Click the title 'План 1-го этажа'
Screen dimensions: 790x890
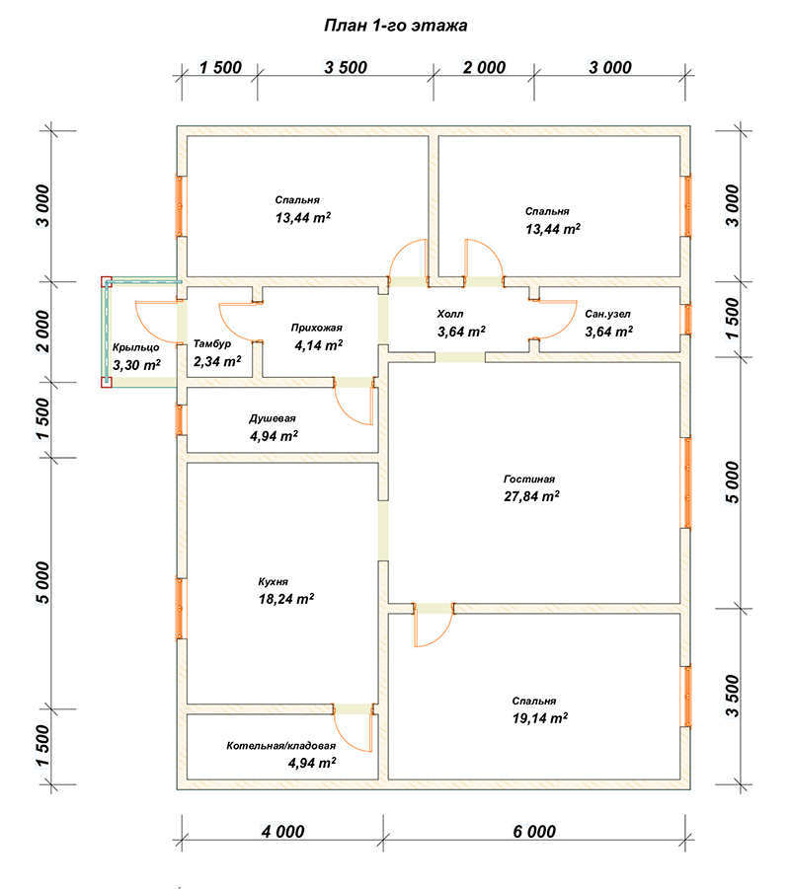(395, 26)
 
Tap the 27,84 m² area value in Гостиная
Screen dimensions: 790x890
(531, 496)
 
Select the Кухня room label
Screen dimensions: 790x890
(274, 582)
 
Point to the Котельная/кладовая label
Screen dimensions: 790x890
(281, 746)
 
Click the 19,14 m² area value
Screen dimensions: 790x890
(540, 718)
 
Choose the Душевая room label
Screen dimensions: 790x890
(273, 418)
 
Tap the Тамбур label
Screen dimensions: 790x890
(212, 344)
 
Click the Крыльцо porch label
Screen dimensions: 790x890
(135, 347)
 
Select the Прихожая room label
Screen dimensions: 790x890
(317, 328)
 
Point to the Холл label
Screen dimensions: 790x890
(450, 314)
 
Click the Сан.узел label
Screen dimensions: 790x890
(607, 314)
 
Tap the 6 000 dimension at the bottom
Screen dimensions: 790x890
(534, 832)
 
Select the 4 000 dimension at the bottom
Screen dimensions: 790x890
(282, 832)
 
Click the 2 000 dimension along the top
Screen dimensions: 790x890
(484, 67)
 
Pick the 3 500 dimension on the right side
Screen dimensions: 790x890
(733, 696)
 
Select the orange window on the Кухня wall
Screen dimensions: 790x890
(180, 609)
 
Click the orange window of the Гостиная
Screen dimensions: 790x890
(686, 483)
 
